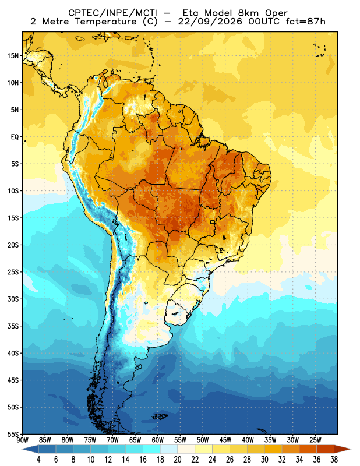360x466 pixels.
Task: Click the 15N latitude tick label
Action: (13, 55)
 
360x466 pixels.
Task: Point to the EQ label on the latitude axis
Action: (15, 137)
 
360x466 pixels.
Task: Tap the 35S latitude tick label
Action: (13, 326)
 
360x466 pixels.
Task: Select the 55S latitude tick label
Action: (13, 435)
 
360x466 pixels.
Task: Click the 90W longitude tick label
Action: (22, 440)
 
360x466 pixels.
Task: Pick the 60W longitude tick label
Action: (157, 440)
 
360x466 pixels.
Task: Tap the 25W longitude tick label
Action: (315, 440)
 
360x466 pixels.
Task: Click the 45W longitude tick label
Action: (225, 440)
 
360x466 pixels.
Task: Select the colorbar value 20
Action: (178, 460)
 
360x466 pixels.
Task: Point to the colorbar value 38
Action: (334, 460)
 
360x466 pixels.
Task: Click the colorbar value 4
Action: (38, 460)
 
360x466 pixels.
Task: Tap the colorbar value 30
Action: (264, 460)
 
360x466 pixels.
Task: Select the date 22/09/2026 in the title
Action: (210, 22)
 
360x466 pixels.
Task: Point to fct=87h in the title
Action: (305, 22)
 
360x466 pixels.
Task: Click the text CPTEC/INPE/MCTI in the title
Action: (112, 13)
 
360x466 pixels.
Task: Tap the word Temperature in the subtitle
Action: (105, 22)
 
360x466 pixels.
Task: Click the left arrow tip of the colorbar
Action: (22, 449)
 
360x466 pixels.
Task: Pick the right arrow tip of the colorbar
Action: (351, 449)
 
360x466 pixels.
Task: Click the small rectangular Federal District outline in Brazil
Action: (213, 222)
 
